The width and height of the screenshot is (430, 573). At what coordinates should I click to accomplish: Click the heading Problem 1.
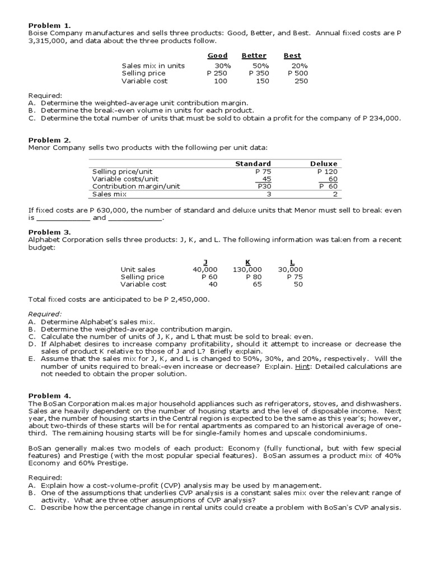(x=50, y=26)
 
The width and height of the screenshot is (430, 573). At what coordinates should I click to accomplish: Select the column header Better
(x=254, y=56)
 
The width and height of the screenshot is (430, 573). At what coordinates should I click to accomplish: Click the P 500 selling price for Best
(x=297, y=73)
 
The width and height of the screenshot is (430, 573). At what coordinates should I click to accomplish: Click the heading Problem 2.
(x=50, y=140)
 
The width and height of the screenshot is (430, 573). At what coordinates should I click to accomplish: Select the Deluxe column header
(x=324, y=164)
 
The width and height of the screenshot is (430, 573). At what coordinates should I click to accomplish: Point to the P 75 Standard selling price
(x=263, y=172)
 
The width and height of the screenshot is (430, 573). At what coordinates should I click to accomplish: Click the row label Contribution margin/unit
(x=136, y=186)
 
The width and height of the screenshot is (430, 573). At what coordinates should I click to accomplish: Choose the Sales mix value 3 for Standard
(x=268, y=194)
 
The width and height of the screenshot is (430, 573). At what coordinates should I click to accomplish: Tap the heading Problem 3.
(x=50, y=232)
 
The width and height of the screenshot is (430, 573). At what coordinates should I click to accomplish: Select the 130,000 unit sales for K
(x=247, y=269)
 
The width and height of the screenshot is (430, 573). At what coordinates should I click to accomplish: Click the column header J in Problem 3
(x=204, y=261)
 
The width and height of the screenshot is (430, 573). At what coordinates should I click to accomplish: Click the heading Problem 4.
(x=50, y=396)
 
